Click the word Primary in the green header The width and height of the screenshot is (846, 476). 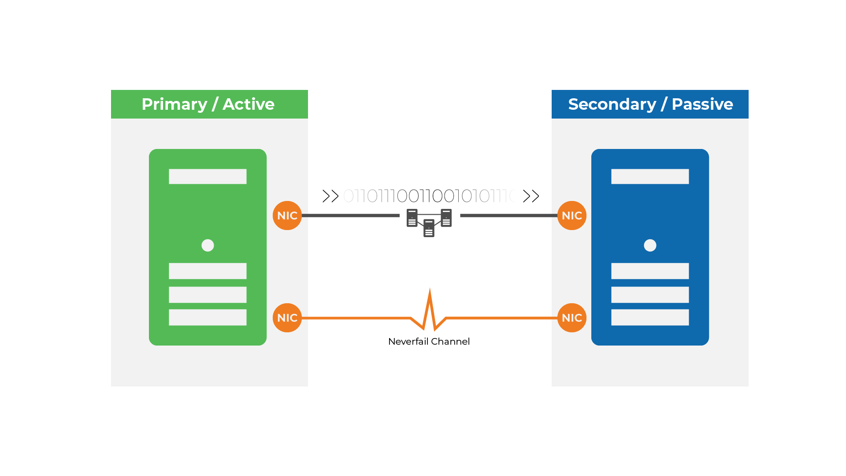click(x=174, y=104)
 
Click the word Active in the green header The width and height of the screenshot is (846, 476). click(x=249, y=104)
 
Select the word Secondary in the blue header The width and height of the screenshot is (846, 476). click(x=612, y=104)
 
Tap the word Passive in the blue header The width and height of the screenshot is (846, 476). click(x=702, y=104)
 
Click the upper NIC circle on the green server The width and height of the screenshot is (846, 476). click(x=287, y=216)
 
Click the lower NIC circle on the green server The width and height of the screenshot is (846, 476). click(x=287, y=318)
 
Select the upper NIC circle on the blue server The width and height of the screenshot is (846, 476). click(x=572, y=216)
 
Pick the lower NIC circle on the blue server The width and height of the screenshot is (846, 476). click(x=572, y=318)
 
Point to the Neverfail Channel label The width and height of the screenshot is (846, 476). click(x=429, y=342)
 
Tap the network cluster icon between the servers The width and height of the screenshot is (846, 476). click(x=429, y=222)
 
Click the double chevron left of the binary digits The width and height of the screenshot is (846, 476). click(x=330, y=196)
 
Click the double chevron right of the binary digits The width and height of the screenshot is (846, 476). click(x=531, y=196)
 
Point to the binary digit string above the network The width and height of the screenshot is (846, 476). click(x=430, y=196)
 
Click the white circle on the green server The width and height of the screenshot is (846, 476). click(x=208, y=245)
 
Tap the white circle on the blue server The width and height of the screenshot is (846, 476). click(x=650, y=245)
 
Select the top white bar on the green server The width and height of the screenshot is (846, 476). click(x=208, y=176)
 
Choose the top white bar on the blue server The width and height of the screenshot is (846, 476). click(x=650, y=176)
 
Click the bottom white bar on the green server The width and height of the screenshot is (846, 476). click(x=208, y=317)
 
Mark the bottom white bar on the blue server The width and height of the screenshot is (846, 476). click(x=650, y=317)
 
